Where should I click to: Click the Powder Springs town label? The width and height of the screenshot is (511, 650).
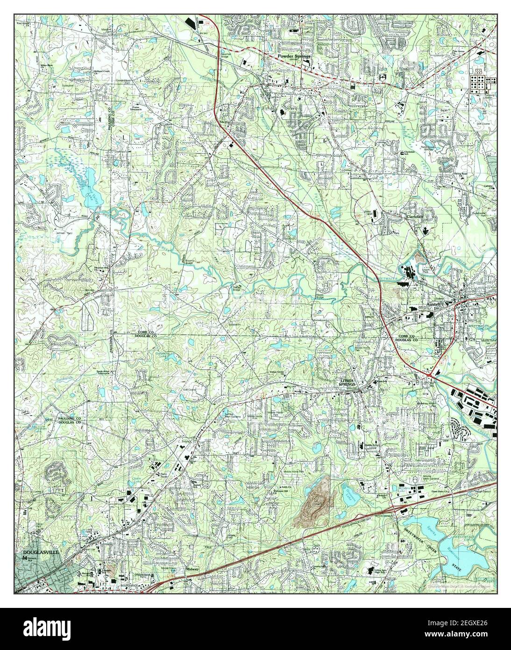pos(294,56)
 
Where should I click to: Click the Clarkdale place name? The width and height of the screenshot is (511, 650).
pos(415,217)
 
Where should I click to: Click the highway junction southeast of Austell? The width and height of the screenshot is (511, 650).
pos(430,374)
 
